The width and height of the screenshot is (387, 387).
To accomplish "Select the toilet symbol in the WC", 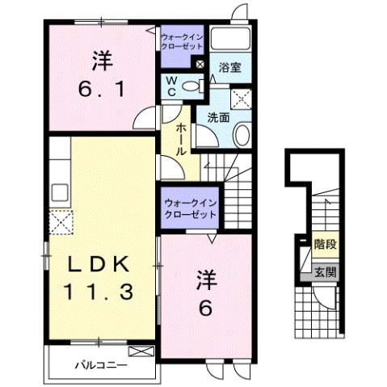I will click(190, 86).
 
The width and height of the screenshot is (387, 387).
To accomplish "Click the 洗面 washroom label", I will click(217, 116).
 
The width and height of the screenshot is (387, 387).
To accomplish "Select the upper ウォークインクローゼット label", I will click(183, 41).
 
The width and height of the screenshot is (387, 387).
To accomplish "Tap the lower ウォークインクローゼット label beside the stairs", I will click(190, 209).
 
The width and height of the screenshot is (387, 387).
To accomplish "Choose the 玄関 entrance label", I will click(325, 272).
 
